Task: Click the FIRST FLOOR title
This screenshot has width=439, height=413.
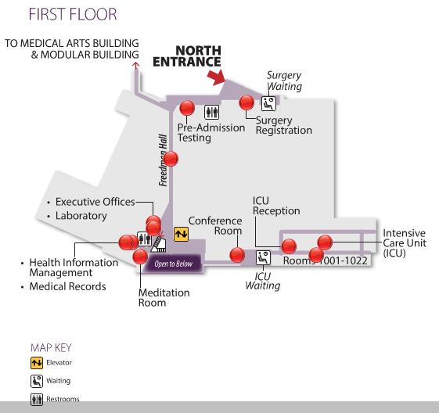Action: (x=73, y=15)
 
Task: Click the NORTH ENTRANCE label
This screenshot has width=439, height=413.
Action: (x=187, y=56)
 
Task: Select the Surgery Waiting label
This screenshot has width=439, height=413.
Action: (x=284, y=81)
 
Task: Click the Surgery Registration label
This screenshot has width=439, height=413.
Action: (x=283, y=125)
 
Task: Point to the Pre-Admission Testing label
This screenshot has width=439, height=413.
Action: (x=211, y=132)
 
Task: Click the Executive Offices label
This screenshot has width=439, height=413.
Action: (x=95, y=202)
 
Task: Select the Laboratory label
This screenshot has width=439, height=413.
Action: (x=81, y=216)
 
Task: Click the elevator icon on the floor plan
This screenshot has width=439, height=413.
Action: (x=181, y=233)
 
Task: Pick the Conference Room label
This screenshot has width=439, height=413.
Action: (x=215, y=225)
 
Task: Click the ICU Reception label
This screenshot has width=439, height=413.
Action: (x=276, y=206)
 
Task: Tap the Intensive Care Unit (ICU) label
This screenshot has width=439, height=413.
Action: (x=404, y=242)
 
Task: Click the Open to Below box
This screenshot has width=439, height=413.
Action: (x=173, y=264)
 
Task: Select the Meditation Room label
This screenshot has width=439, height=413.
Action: (x=164, y=297)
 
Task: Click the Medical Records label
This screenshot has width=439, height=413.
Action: (x=67, y=287)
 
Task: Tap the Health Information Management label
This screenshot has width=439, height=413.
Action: (x=74, y=268)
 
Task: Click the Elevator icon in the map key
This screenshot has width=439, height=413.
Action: (x=37, y=363)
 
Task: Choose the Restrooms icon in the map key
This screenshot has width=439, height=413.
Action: (x=37, y=399)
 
